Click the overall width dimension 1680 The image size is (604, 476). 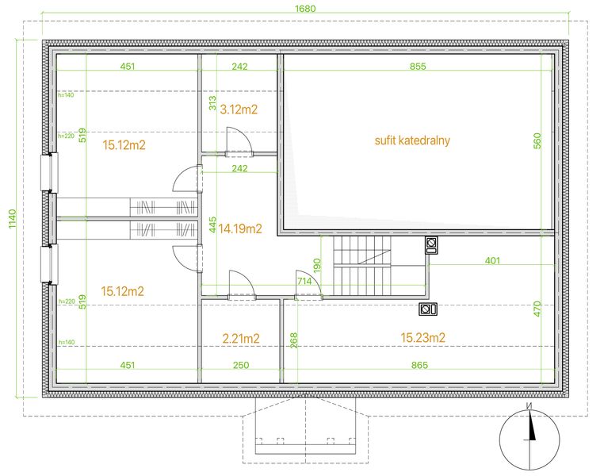305,9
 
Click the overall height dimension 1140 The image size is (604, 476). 13,218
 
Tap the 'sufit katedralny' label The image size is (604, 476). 412,140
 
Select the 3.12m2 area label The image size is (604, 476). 239,109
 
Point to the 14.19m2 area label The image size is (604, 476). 240,228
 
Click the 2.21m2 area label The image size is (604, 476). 241,339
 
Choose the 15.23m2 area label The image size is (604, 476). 423,338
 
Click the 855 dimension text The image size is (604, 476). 418,67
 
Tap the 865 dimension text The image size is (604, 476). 419,365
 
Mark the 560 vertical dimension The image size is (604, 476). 537,140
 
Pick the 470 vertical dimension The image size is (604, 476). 537,309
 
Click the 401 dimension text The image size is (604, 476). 492,260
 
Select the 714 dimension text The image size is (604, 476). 304,281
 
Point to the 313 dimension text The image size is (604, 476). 212,103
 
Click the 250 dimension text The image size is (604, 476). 241,365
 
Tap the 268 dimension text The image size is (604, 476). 293,340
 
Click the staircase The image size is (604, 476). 362,266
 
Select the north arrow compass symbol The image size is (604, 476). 529,440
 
